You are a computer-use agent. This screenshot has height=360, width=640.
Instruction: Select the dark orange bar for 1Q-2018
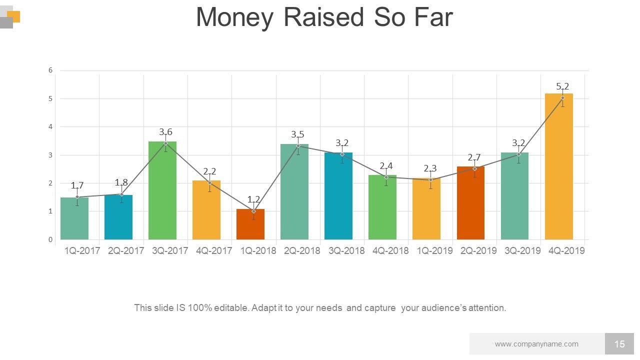250,224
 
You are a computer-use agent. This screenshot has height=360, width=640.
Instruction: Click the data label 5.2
562,86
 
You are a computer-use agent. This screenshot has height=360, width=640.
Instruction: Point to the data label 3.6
165,132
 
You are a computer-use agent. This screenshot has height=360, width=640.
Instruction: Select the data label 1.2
253,200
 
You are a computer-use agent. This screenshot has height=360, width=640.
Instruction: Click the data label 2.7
474,158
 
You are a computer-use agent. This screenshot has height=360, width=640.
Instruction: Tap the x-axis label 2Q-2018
302,251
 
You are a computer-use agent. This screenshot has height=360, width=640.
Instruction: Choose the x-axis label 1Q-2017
82,251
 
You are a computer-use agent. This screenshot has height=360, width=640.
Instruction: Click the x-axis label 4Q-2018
390,251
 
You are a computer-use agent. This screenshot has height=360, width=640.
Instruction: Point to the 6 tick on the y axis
50,70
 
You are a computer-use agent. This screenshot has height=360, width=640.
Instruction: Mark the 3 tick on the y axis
50,155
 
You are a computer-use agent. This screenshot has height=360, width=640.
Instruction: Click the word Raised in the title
323,17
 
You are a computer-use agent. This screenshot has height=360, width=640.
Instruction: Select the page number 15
619,344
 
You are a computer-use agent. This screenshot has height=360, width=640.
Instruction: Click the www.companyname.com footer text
536,344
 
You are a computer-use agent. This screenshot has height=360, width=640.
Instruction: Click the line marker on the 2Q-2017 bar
121,194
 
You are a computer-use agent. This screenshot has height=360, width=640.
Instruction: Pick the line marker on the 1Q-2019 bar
430,180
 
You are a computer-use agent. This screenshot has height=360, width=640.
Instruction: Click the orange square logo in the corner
15,16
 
